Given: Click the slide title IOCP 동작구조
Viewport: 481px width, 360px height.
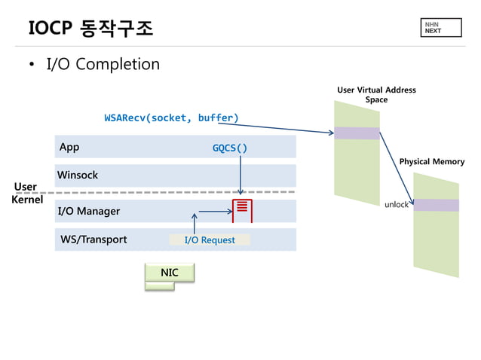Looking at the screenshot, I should click(90, 28).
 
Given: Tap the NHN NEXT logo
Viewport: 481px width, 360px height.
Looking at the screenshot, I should click(432, 28).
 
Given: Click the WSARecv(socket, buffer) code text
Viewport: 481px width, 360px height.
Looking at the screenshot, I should click(171, 117).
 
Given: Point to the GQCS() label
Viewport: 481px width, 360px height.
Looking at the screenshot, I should click(230, 148).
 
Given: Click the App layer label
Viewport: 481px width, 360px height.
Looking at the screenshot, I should click(69, 147).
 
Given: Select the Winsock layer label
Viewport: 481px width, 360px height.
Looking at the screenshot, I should click(78, 175).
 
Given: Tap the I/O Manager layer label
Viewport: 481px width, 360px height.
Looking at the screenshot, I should click(89, 212).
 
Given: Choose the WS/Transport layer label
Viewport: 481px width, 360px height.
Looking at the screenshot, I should click(93, 240).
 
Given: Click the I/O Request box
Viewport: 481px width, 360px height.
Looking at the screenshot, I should click(209, 240).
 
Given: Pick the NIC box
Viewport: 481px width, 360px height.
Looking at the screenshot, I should click(170, 273).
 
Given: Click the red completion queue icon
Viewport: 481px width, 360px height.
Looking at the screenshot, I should click(242, 211).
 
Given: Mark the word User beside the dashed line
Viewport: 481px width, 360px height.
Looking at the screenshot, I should click(26, 186).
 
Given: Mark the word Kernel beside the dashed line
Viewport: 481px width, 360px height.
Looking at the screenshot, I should click(27, 200).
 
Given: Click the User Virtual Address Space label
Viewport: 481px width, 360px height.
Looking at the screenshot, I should click(376, 95).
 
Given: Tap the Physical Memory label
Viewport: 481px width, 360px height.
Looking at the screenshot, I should click(431, 161).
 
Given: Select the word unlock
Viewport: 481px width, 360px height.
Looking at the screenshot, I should click(396, 204).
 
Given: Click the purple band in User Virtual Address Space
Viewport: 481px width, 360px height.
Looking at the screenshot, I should click(357, 133).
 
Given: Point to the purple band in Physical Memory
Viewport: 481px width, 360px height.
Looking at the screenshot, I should click(436, 205).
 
